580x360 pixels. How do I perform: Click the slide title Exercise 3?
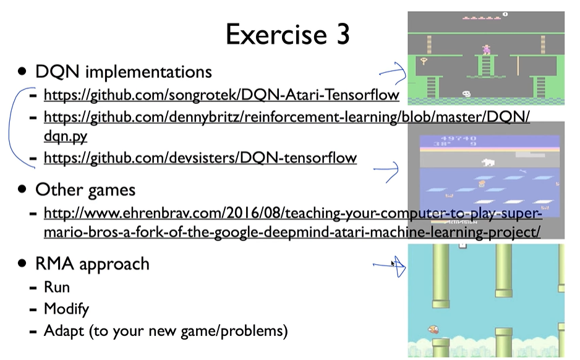[288, 35]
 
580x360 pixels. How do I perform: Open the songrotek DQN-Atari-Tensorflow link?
[221, 95]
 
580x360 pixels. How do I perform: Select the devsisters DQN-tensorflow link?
[200, 158]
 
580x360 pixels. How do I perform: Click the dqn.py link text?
[66, 136]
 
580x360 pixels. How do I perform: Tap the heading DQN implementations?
[124, 71]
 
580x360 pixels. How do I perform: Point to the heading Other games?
[85, 190]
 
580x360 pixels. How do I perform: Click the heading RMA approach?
[93, 264]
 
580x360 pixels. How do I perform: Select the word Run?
[57, 287]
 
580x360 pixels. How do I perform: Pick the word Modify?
[66, 309]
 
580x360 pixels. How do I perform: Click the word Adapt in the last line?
[64, 331]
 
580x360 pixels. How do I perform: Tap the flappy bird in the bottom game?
[433, 329]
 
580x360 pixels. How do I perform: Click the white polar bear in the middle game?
[488, 162]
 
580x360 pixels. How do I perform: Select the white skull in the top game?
[466, 94]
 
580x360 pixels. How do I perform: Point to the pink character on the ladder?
[486, 49]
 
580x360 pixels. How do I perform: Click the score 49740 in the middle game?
[459, 139]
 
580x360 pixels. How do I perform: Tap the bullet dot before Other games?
[22, 189]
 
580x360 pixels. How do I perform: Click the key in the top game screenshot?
[424, 61]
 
